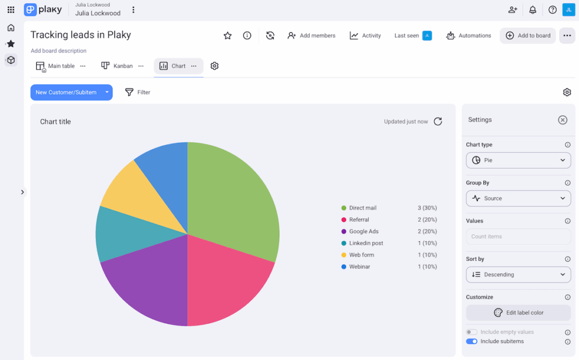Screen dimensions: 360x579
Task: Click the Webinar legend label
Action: [x=360, y=267]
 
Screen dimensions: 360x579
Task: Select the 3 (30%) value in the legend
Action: [x=427, y=208]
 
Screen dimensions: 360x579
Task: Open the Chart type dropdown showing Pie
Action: [x=518, y=161]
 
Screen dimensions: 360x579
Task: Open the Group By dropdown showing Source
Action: [x=518, y=198]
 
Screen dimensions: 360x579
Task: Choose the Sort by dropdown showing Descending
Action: [x=518, y=275]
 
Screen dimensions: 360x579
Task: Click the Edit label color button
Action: [x=518, y=313]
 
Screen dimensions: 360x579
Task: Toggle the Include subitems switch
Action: [x=472, y=341]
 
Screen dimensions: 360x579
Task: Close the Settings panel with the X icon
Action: [x=562, y=120]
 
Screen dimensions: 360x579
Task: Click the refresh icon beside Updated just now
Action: [x=438, y=122]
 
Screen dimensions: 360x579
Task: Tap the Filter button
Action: [x=137, y=92]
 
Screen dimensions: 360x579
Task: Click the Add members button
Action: [x=311, y=36]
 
